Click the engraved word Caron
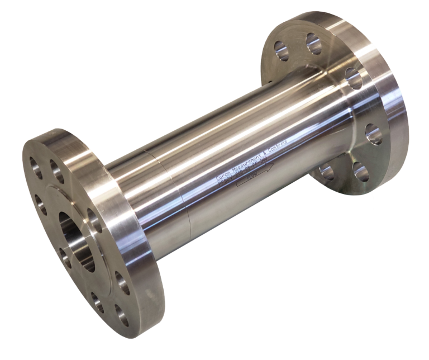pyautogui.click(x=222, y=176)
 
